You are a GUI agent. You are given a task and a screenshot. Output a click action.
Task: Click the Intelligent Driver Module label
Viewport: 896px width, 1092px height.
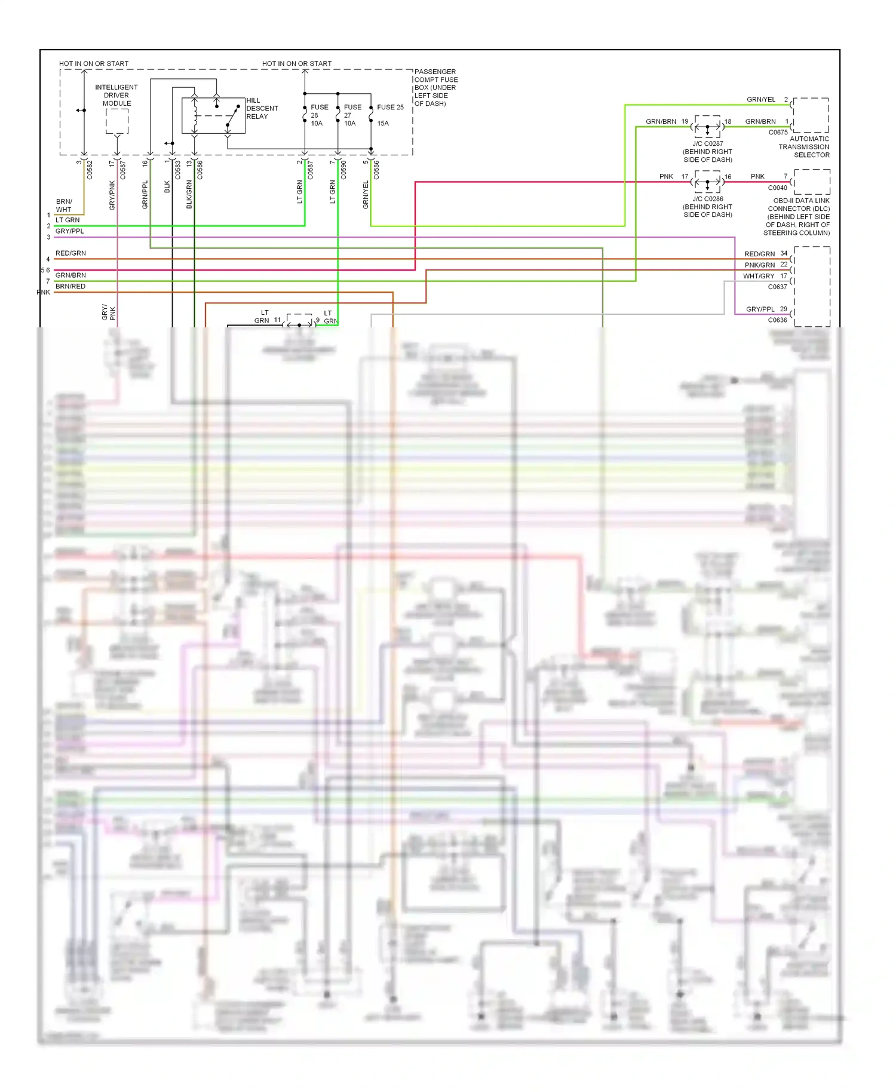pyautogui.click(x=116, y=96)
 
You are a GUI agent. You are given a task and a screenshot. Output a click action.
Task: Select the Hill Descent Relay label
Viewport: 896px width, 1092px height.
pyautogui.click(x=262, y=109)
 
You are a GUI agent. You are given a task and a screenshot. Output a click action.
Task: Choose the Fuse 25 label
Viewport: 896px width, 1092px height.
pyautogui.click(x=390, y=108)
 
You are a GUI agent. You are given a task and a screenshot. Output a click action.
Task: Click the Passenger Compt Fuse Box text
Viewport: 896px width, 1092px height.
pyautogui.click(x=436, y=87)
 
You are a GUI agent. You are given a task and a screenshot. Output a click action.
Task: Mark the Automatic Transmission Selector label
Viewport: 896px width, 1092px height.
pyautogui.click(x=804, y=147)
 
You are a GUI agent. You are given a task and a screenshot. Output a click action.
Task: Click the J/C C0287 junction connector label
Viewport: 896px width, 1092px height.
pyautogui.click(x=708, y=152)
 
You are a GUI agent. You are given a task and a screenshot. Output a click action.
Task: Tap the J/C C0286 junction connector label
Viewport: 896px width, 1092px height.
pyautogui.click(x=708, y=207)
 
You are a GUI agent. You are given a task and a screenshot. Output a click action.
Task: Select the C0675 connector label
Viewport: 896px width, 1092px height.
pyautogui.click(x=778, y=133)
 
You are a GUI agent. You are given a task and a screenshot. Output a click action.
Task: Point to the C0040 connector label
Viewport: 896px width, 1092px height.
pyautogui.click(x=778, y=188)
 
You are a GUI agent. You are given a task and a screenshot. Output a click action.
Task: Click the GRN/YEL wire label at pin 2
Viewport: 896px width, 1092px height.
pyautogui.click(x=761, y=100)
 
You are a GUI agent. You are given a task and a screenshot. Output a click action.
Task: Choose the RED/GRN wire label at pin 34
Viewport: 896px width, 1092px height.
pyautogui.click(x=759, y=254)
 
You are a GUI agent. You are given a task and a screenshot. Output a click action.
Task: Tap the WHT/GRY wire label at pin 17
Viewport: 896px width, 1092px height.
pyautogui.click(x=759, y=276)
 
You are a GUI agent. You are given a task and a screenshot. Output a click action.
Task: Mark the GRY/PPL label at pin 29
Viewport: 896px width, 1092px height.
pyautogui.click(x=760, y=309)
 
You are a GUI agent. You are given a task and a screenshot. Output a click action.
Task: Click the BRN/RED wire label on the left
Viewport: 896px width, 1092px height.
pyautogui.click(x=70, y=287)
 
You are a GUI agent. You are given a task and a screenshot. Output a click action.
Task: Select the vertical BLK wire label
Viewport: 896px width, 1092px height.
pyautogui.click(x=167, y=187)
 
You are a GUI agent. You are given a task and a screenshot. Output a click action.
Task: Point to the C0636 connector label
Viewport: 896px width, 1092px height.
pyautogui.click(x=777, y=320)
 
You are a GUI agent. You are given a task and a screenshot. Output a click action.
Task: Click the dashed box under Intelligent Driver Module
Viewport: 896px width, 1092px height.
pyautogui.click(x=117, y=121)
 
